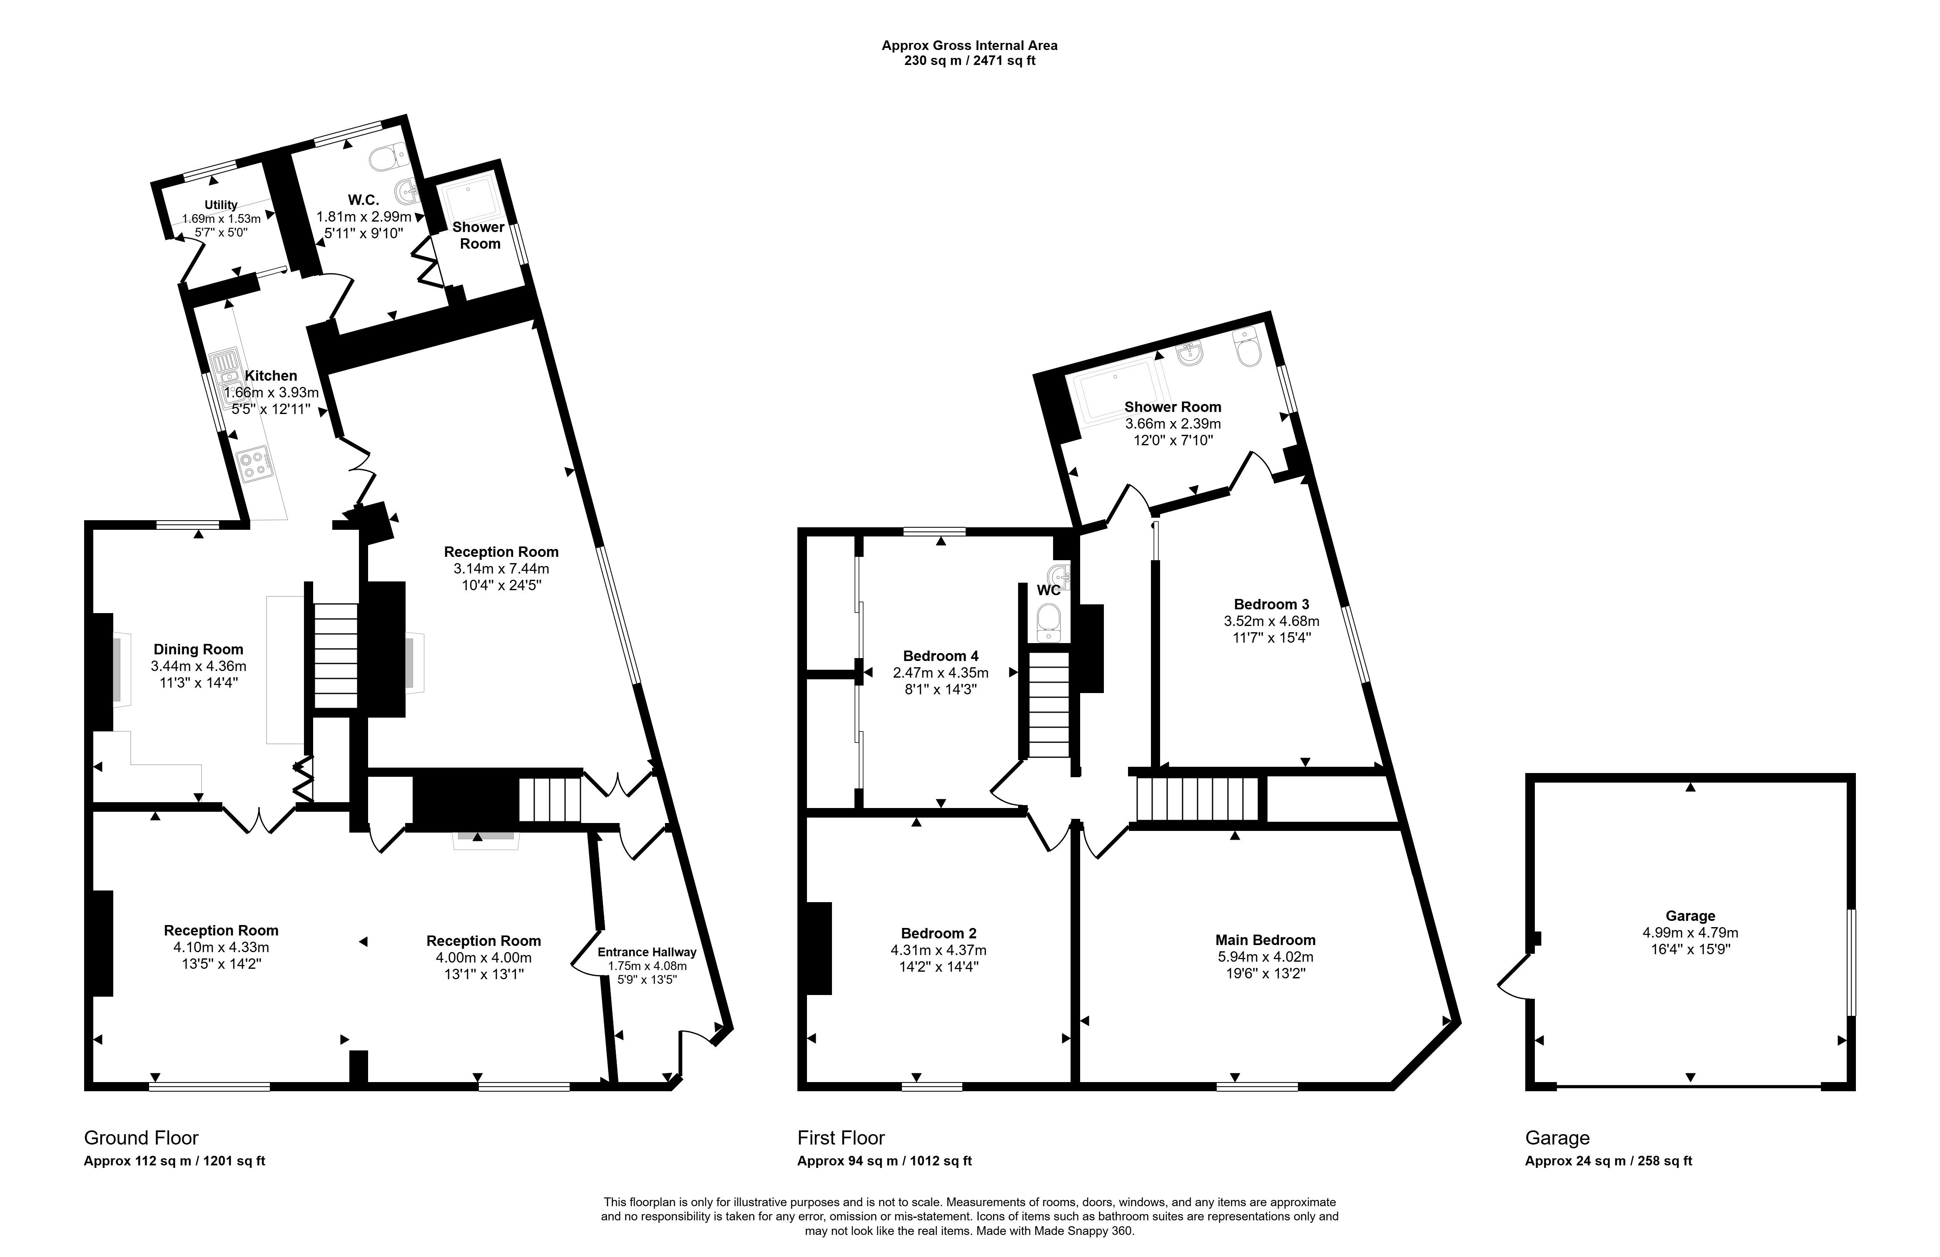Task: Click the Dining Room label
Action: point(198,650)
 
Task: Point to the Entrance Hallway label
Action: point(646,952)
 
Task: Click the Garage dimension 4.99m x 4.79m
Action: point(1690,933)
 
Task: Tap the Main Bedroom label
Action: point(1265,940)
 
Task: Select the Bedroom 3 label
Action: point(1272,604)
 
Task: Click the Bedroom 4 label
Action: point(941,656)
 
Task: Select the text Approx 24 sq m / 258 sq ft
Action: point(1608,1161)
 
